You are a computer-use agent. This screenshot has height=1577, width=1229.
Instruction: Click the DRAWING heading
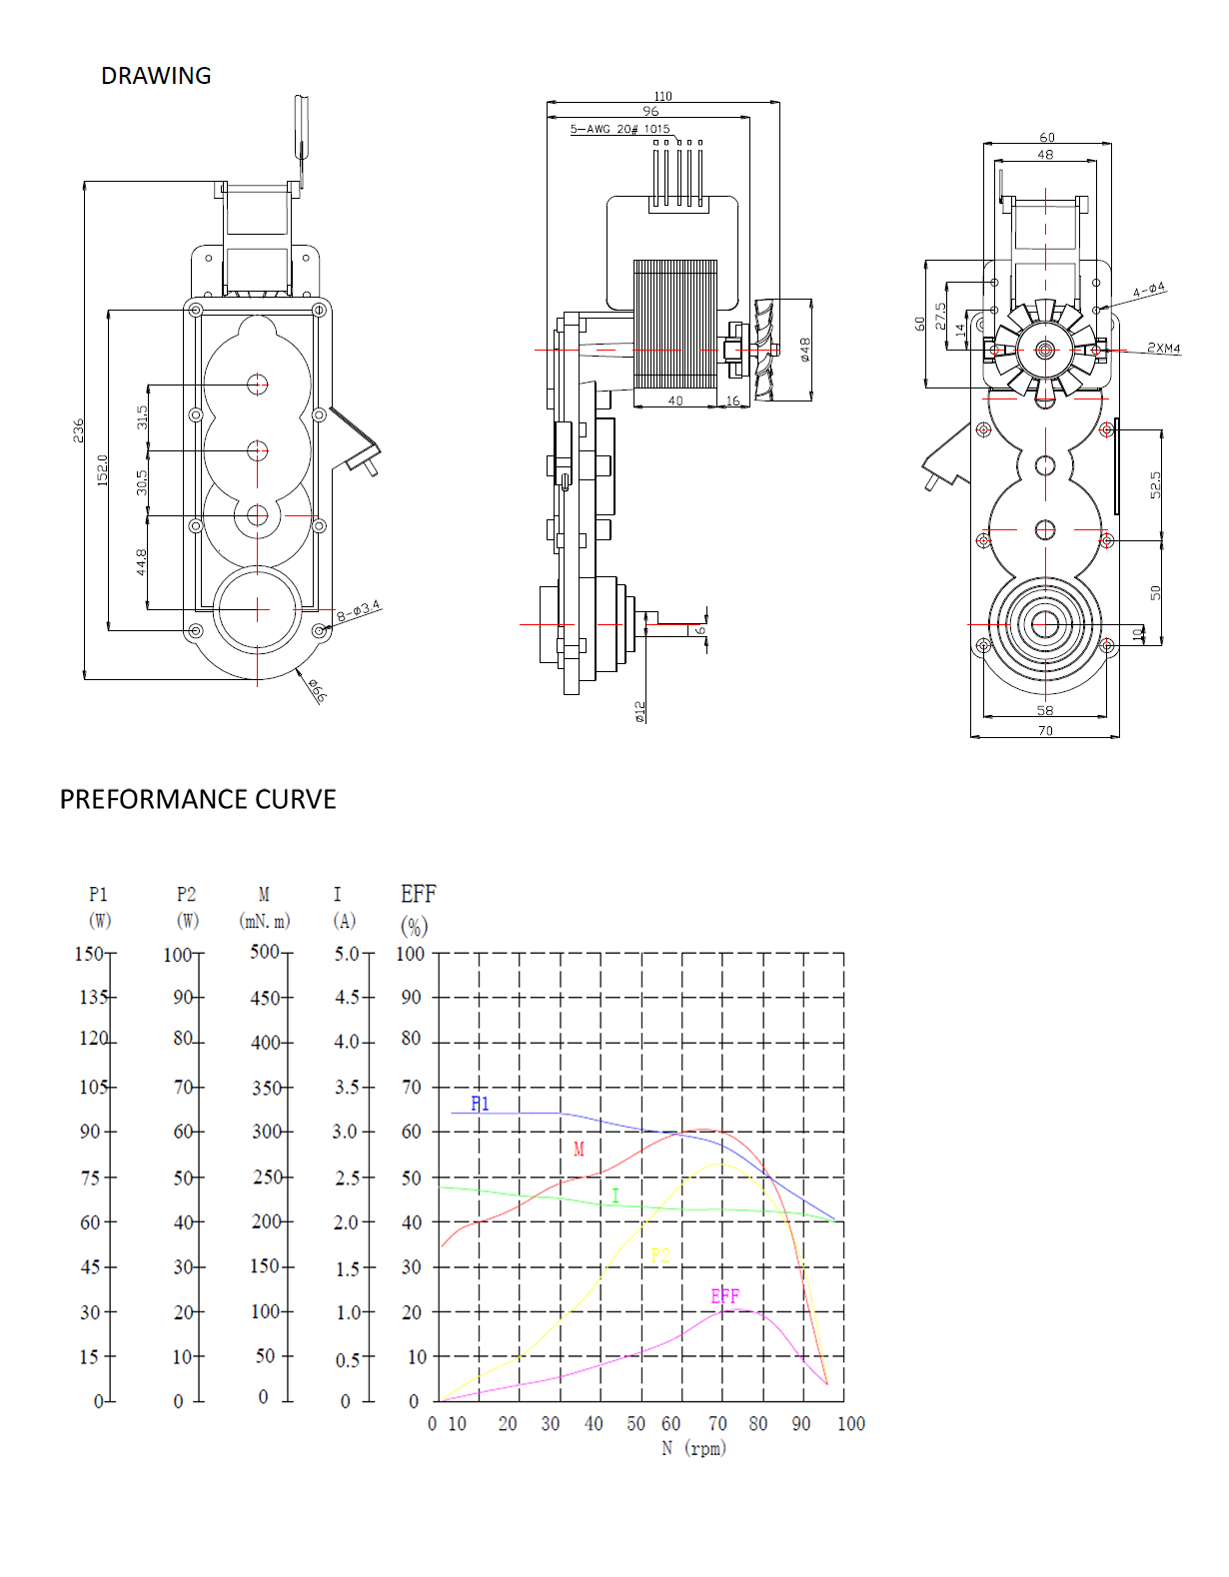[156, 76]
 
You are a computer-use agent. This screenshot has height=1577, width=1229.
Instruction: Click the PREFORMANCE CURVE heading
[198, 799]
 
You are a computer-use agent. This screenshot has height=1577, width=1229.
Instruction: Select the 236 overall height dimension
[78, 430]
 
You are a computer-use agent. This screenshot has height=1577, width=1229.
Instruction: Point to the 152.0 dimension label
[102, 469]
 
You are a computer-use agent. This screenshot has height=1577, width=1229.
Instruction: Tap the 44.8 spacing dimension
[142, 562]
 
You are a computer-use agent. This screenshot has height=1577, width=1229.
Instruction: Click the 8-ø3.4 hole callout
[359, 611]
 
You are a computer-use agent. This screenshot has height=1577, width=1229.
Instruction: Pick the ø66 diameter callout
[318, 690]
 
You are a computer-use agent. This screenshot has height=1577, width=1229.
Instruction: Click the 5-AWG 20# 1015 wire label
[619, 129]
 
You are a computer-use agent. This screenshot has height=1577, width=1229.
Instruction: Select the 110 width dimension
[662, 97]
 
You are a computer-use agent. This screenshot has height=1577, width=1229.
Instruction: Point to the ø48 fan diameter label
[804, 350]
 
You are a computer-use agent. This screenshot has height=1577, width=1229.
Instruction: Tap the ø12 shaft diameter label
[639, 712]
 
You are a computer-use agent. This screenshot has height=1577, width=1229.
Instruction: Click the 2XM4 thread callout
[1164, 349]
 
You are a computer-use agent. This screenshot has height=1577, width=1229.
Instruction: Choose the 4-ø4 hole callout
[1149, 291]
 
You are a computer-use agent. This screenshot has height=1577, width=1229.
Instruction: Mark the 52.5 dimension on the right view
[1156, 484]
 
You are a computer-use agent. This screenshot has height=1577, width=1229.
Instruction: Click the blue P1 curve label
[480, 1104]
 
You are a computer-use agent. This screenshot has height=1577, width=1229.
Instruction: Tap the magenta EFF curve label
[725, 1295]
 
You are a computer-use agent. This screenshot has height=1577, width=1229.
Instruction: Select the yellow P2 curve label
[660, 1254]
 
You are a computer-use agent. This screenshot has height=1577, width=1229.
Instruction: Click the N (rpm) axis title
[694, 1448]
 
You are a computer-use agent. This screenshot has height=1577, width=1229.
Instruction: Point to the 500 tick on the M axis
[265, 952]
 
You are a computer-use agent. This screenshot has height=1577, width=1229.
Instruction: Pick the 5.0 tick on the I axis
[347, 954]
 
